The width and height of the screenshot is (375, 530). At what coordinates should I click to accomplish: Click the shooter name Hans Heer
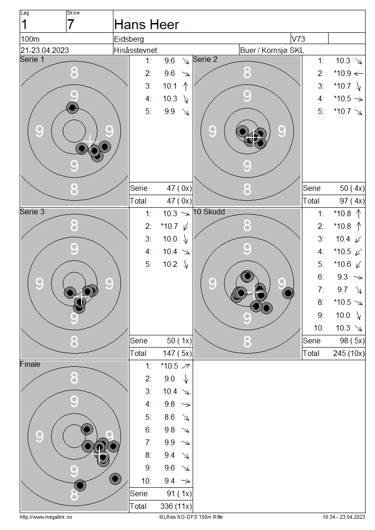(x=146, y=25)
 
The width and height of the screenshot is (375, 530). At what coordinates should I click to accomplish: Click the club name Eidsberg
(x=129, y=39)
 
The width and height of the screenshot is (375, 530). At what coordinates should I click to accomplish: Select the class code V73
(x=298, y=39)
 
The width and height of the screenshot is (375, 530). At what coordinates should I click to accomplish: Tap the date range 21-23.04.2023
(x=45, y=50)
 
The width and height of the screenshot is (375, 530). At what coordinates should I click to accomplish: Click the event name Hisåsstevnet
(x=135, y=50)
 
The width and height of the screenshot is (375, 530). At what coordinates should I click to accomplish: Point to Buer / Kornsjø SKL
(x=272, y=50)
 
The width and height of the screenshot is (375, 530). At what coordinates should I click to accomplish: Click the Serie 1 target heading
(x=32, y=60)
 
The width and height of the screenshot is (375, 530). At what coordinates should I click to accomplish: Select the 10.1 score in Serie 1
(x=170, y=86)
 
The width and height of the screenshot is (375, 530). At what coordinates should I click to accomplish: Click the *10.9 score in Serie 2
(x=342, y=73)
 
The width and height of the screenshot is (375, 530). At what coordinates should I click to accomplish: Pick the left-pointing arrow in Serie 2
(x=359, y=73)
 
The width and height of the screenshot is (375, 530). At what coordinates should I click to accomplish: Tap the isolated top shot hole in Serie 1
(x=72, y=108)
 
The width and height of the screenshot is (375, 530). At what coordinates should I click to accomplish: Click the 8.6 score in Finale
(x=170, y=417)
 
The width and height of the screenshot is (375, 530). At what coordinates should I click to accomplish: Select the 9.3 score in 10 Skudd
(x=343, y=277)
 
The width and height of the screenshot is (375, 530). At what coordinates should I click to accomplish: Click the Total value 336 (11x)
(x=176, y=507)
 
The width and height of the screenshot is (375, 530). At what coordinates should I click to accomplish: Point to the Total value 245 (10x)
(x=349, y=354)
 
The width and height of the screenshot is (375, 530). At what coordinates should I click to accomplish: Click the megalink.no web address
(x=46, y=517)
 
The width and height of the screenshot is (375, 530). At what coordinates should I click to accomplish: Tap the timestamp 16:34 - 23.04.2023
(x=344, y=517)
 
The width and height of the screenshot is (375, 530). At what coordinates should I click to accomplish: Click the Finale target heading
(x=30, y=364)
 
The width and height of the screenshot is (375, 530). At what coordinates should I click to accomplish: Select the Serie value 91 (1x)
(x=179, y=494)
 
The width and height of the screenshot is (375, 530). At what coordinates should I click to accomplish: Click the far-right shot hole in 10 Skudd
(x=288, y=293)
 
